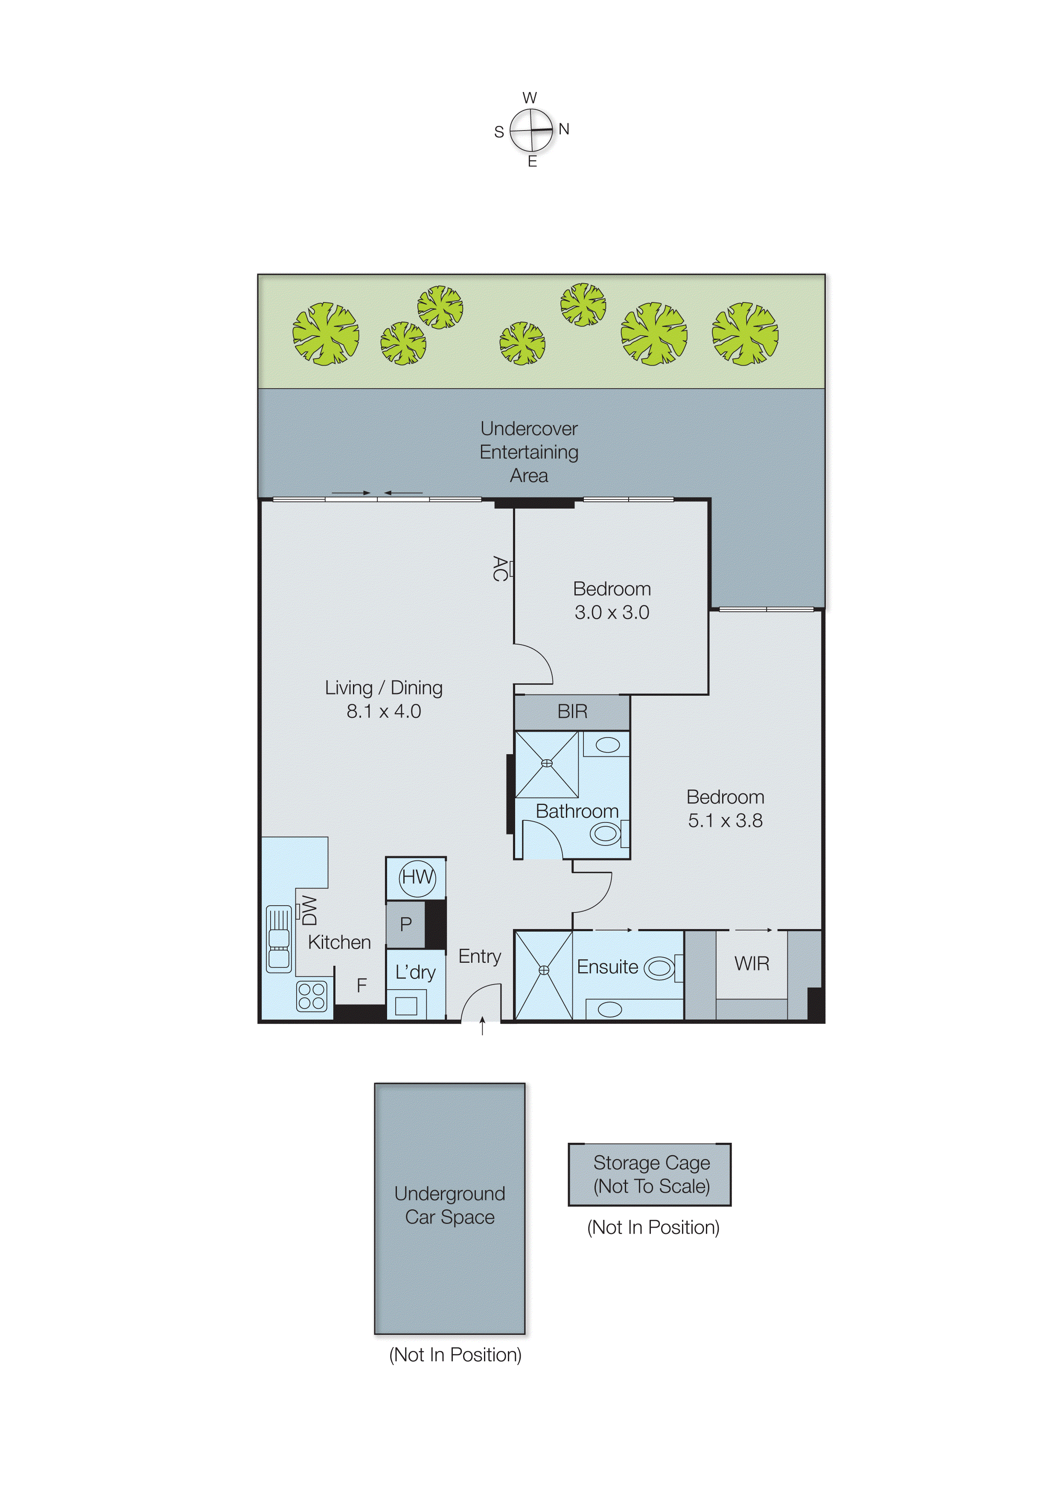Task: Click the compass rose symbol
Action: (531, 130)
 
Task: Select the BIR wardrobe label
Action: (572, 711)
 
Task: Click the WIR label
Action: (752, 964)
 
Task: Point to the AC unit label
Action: (500, 569)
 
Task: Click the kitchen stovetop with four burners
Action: (312, 996)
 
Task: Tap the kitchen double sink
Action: (279, 938)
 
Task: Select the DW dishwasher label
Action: (309, 910)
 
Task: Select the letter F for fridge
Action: (361, 986)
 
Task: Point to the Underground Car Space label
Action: (449, 1205)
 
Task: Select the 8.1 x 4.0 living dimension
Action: (384, 711)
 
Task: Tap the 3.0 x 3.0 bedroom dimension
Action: (612, 612)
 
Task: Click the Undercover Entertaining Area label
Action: (529, 452)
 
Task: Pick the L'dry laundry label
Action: (415, 972)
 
